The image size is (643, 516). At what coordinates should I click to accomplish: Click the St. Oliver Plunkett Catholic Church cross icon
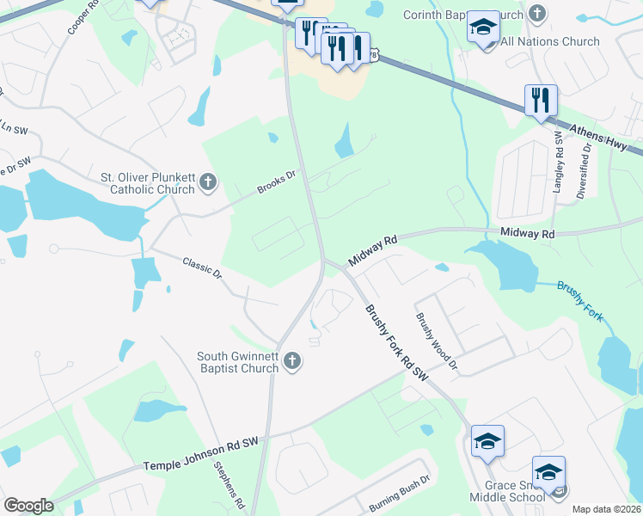(x=207, y=182)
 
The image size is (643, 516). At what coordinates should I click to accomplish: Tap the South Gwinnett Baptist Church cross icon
(x=292, y=361)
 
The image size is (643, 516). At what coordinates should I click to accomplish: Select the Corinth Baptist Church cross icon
(x=537, y=14)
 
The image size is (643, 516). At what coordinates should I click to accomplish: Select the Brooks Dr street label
(x=276, y=182)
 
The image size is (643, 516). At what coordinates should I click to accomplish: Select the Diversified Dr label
(x=586, y=170)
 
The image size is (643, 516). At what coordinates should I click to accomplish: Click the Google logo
(x=28, y=506)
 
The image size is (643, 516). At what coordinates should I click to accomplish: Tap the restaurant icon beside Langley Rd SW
(x=542, y=100)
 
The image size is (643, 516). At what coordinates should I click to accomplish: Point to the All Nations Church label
(x=550, y=41)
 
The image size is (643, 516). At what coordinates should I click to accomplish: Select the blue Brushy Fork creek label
(x=581, y=301)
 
